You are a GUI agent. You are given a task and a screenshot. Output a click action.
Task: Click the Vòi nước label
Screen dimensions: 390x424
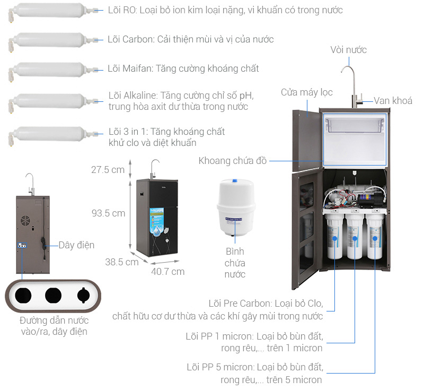coord(348,50)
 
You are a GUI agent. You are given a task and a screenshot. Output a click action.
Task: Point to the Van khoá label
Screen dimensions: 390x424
coord(393,101)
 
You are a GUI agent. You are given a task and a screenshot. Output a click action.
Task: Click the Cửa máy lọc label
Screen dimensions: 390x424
coord(306,92)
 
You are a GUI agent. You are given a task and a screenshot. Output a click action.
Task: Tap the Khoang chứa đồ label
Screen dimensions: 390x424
coord(233,160)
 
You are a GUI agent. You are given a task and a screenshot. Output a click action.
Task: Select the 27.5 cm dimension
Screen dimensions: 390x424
coord(107,169)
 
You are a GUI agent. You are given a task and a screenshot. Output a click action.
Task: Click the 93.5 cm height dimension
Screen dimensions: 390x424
coord(107,213)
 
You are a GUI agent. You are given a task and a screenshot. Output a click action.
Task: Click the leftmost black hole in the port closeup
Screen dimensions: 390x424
coord(23,296)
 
